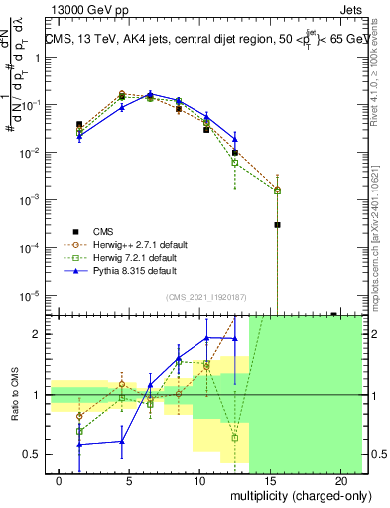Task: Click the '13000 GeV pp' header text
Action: point(81,9)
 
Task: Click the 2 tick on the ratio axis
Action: point(39,334)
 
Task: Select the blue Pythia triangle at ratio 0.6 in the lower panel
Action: point(121,442)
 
